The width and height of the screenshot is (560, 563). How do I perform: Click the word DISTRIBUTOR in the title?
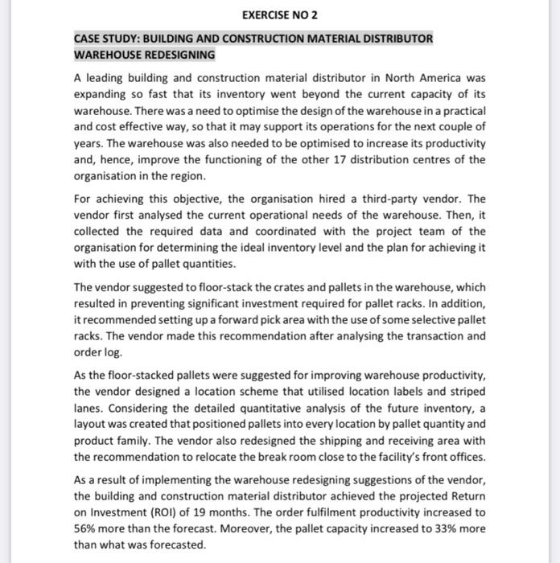[x=396, y=39]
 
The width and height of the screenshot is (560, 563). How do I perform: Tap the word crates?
[x=260, y=287]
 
